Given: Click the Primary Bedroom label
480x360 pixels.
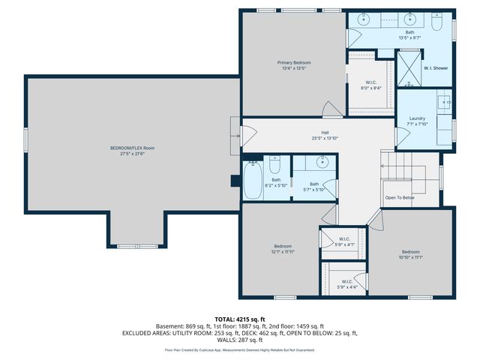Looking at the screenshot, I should coord(294,62).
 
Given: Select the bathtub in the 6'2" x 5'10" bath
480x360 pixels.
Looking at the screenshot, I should coord(252,181).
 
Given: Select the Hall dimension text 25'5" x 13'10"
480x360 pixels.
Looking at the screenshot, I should coord(304,139).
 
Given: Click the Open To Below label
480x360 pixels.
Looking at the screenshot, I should coord(400,197).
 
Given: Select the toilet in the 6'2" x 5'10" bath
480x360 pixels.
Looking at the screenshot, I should coord(275,163).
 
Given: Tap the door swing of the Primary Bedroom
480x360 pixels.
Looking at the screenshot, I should coord(330,110).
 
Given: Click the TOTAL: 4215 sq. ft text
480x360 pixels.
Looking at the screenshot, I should coord(240,319).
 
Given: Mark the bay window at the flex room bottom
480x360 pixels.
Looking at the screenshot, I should coord(137,245).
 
